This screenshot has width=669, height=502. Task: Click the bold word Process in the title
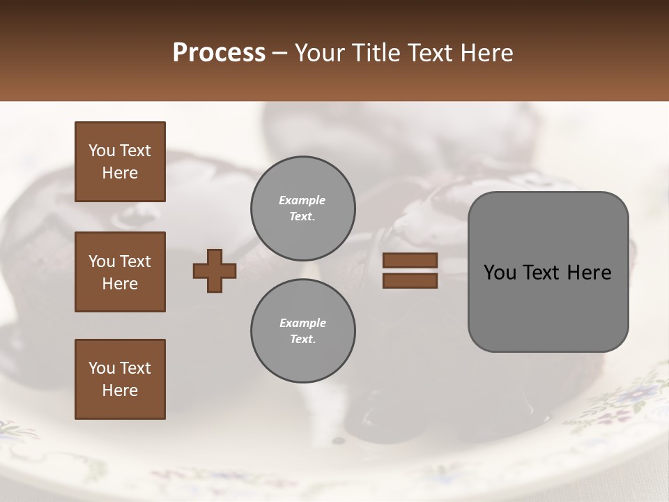pyautogui.click(x=219, y=53)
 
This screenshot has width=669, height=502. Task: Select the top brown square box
pyautogui.click(x=120, y=162)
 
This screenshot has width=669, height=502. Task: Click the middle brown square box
pyautogui.click(x=120, y=272)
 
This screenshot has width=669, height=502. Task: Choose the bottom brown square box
pyautogui.click(x=120, y=379)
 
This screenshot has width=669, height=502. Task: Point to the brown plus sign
pyautogui.click(x=215, y=271)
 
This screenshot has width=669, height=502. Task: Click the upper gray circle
pyautogui.click(x=302, y=208)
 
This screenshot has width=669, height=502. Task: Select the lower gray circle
pyautogui.click(x=302, y=330)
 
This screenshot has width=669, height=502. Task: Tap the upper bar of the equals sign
pyautogui.click(x=410, y=260)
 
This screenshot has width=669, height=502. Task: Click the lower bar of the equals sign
pyautogui.click(x=410, y=280)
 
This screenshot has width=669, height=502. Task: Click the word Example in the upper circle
pyautogui.click(x=302, y=200)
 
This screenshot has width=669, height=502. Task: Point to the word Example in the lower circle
pyautogui.click(x=302, y=323)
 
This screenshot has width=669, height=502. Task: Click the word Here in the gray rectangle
pyautogui.click(x=589, y=273)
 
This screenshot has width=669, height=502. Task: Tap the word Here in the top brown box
pyautogui.click(x=120, y=173)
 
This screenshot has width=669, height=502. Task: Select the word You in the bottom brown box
pyautogui.click(x=102, y=368)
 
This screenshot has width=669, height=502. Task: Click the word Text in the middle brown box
pyautogui.click(x=135, y=261)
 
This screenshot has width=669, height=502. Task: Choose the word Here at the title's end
pyautogui.click(x=488, y=53)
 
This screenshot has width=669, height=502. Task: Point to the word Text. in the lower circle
pyautogui.click(x=302, y=339)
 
